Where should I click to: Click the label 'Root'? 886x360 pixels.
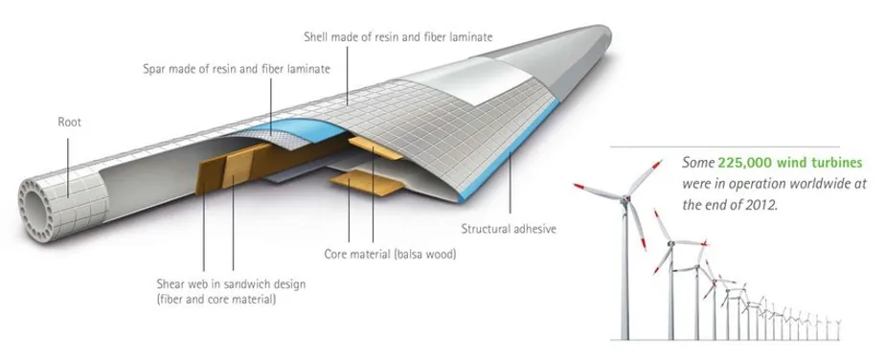tap(70, 122)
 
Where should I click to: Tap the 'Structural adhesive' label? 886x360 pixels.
tap(509, 229)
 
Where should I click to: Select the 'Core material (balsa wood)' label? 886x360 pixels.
tap(390, 255)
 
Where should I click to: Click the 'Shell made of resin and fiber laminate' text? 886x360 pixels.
tap(398, 37)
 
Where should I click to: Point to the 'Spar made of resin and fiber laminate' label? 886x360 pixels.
tap(237, 69)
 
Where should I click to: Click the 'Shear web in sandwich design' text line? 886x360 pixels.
tap(231, 283)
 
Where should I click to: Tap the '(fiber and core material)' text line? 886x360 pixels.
tap(216, 299)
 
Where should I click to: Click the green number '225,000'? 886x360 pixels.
tap(745, 163)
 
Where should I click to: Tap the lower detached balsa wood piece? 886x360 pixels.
tap(367, 184)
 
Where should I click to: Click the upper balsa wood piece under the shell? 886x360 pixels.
tap(375, 146)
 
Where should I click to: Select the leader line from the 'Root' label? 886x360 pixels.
tap(68, 168)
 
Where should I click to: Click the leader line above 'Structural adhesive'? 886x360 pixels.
tap(511, 181)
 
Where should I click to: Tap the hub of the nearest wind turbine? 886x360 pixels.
tap(625, 198)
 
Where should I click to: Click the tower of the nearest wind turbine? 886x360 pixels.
tap(625, 271)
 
